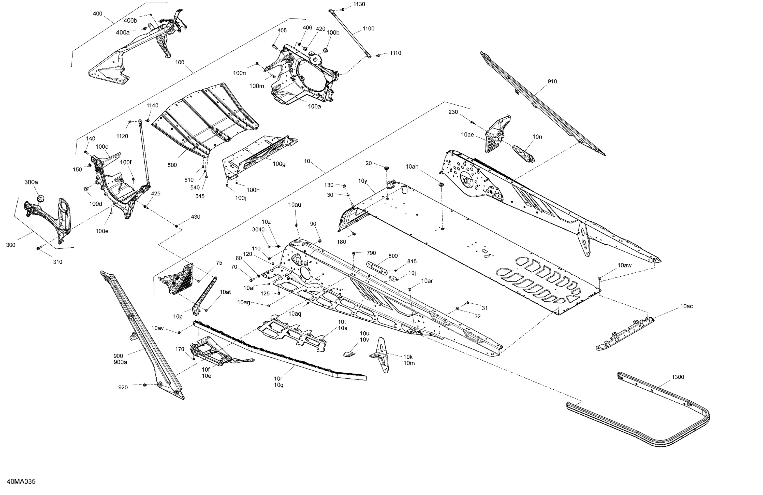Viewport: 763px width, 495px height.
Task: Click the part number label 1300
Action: (678, 377)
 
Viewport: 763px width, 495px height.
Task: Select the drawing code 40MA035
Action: (21, 482)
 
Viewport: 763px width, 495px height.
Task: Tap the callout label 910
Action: (552, 81)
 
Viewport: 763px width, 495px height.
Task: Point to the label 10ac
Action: (686, 306)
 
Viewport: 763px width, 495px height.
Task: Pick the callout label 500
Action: (172, 165)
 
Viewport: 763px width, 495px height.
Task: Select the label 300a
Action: (31, 182)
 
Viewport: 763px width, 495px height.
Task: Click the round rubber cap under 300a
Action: (40, 198)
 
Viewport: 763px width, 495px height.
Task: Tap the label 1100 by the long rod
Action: (368, 29)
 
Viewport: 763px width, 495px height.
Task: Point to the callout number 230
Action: (453, 112)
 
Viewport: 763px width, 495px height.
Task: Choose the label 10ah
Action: (412, 166)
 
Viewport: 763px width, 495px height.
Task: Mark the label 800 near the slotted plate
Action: (393, 256)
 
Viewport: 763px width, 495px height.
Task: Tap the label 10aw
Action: (624, 265)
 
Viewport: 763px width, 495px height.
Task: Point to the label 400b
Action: (130, 21)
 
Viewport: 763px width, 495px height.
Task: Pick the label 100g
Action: (279, 164)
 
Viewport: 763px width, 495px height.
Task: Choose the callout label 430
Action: (196, 217)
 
